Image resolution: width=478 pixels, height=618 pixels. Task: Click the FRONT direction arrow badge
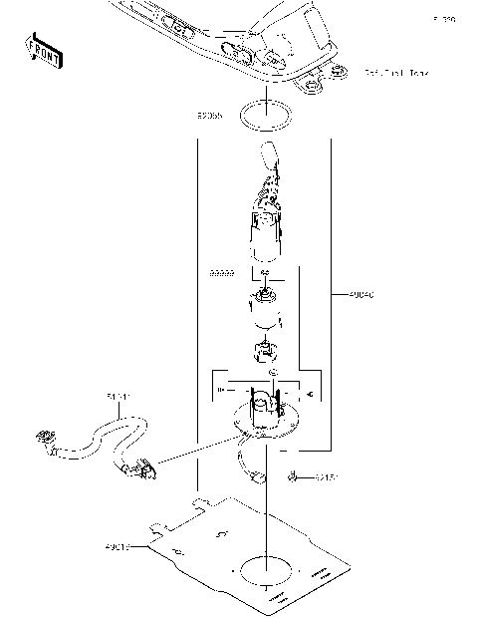click(45, 51)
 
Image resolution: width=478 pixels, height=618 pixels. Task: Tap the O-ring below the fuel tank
click(267, 116)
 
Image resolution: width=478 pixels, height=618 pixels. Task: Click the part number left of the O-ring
click(209, 116)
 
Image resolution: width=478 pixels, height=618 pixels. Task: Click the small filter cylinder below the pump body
click(264, 311)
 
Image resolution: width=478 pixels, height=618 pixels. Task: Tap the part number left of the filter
click(221, 271)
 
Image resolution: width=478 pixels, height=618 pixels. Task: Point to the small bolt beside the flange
click(296, 477)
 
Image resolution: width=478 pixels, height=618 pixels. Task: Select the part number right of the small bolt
click(328, 477)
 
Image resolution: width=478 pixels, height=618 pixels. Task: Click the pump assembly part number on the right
click(362, 295)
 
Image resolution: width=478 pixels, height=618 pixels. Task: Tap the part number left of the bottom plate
click(118, 545)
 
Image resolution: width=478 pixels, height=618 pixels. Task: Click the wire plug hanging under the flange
click(261, 476)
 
